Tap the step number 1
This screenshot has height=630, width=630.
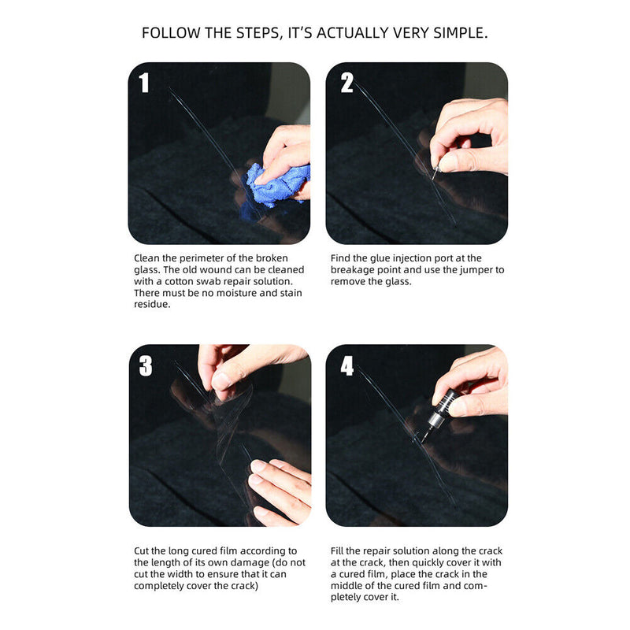pyautogui.click(x=144, y=83)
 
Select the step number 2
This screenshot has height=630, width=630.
pyautogui.click(x=346, y=83)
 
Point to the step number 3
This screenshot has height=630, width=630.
pyautogui.click(x=145, y=365)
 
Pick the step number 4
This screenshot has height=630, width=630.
pyautogui.click(x=347, y=365)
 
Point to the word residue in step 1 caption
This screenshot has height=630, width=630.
pyautogui.click(x=153, y=305)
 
